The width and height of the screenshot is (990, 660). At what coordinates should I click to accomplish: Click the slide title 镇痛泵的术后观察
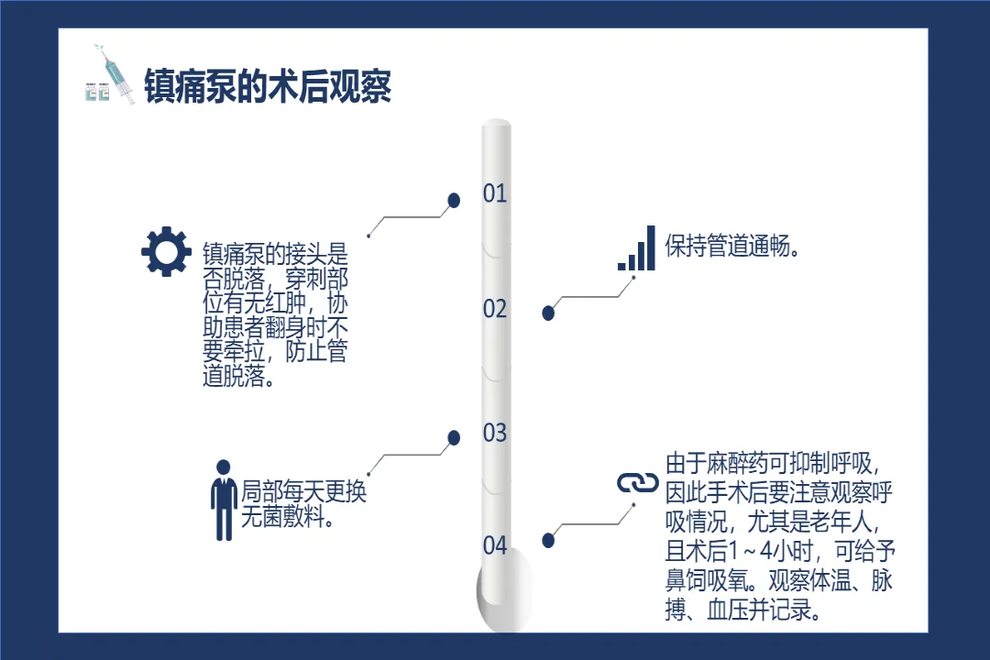click(x=268, y=86)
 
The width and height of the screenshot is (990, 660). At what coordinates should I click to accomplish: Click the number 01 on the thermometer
click(x=495, y=193)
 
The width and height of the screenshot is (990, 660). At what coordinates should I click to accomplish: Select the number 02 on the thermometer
click(x=495, y=309)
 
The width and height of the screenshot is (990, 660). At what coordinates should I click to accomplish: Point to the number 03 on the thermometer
click(x=495, y=433)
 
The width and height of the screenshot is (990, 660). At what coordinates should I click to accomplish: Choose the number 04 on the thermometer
click(x=495, y=546)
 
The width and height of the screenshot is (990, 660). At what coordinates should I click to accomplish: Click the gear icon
click(x=166, y=251)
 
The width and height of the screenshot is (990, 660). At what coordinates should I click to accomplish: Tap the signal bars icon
click(x=637, y=248)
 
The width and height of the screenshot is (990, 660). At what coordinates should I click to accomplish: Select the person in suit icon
click(x=224, y=499)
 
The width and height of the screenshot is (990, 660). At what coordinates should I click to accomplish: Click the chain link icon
click(x=638, y=483)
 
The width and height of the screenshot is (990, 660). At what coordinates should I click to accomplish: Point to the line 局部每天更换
click(x=303, y=491)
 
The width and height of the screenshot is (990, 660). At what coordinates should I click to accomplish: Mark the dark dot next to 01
click(x=453, y=200)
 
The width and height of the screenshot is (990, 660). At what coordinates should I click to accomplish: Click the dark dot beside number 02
click(x=548, y=313)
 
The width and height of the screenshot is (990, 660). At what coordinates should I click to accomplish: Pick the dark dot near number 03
click(x=453, y=438)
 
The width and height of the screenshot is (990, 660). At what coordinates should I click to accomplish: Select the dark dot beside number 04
click(x=548, y=541)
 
